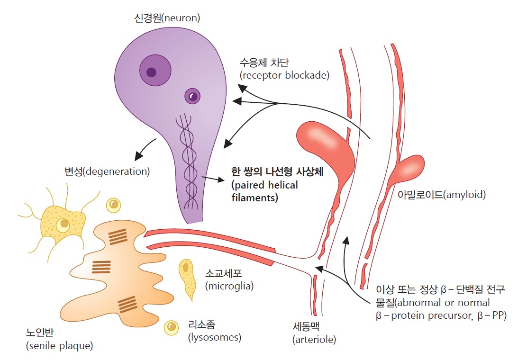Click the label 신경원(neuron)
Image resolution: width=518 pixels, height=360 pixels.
tap(167, 18)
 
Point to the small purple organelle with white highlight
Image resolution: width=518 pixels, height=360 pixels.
tap(192, 96)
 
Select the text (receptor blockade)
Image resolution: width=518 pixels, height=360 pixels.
tap(284, 75)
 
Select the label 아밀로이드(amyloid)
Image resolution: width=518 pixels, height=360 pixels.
tap(442, 194)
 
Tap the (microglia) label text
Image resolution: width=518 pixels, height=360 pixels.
tap(229, 286)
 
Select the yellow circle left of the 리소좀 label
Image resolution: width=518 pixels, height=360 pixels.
tap(171, 327)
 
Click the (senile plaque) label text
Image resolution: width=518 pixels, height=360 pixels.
tap(59, 346)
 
